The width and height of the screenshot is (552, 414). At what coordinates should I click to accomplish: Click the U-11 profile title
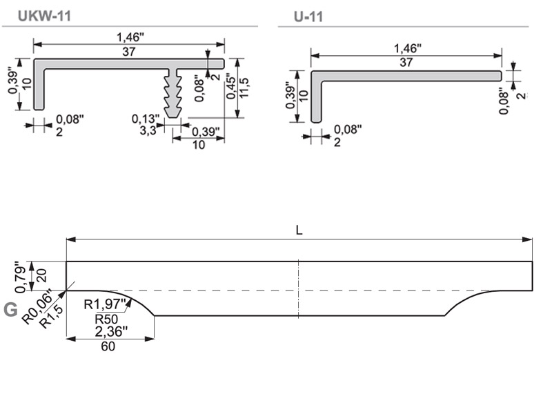click(308, 17)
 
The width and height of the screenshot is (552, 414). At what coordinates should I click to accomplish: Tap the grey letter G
click(10, 310)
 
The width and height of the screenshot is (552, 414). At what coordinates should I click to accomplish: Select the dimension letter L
click(299, 230)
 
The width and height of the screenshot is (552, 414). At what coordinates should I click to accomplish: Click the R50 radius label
click(107, 318)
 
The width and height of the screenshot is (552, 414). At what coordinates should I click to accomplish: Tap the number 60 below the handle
click(108, 346)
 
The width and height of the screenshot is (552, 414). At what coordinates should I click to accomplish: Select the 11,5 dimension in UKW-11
click(244, 88)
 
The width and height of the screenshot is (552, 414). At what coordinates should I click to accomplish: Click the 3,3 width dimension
click(147, 130)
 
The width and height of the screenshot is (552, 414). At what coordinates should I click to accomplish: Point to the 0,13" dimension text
click(146, 119)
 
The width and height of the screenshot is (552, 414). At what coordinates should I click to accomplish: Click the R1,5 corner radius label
click(51, 317)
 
